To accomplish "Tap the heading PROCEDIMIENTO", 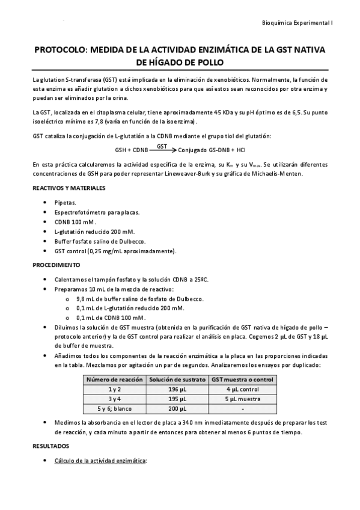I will click(56, 265).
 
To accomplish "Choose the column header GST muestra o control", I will click(242, 379).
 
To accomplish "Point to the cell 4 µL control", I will click(242, 389).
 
